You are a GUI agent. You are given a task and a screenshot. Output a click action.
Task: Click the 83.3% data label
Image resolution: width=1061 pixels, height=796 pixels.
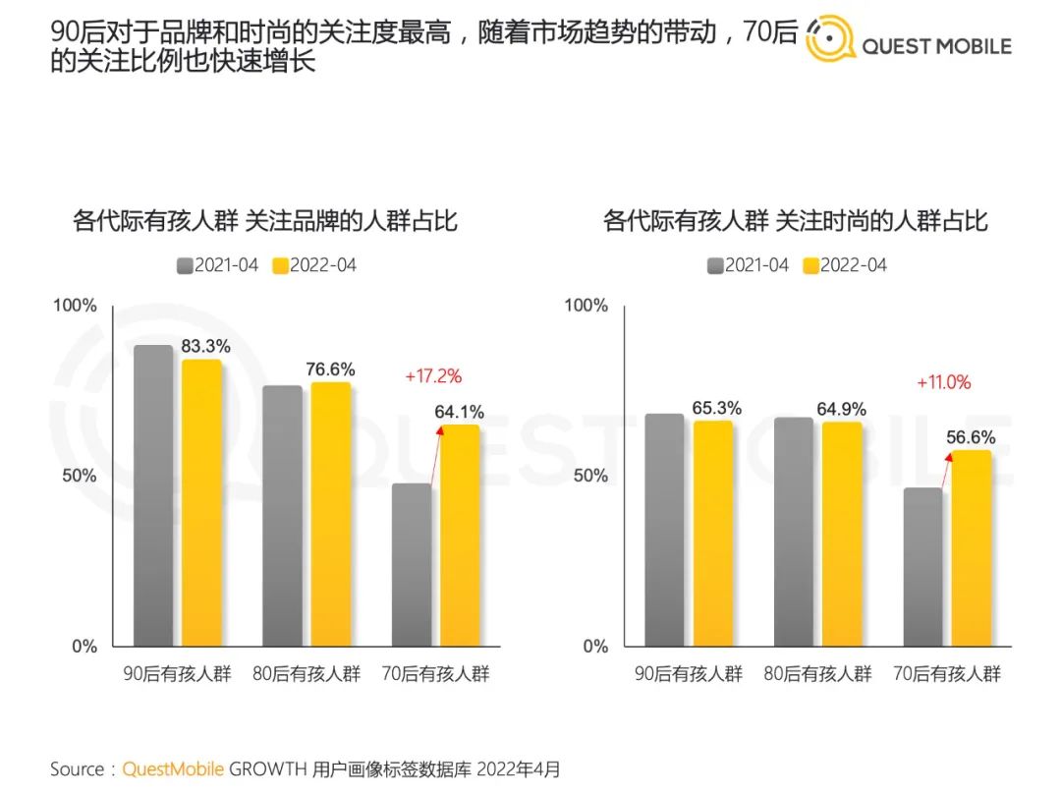(x=205, y=346)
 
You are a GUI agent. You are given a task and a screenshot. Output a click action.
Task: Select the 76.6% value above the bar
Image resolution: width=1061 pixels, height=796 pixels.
(x=330, y=370)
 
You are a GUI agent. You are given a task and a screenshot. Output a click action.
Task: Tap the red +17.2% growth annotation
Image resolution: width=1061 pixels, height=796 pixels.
(x=433, y=375)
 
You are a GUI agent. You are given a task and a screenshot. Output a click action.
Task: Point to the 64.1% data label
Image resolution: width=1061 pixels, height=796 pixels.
(x=460, y=413)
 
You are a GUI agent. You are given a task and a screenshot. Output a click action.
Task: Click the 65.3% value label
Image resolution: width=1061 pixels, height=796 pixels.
(x=716, y=408)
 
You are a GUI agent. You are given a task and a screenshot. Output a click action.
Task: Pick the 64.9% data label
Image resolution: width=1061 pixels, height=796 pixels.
(x=842, y=408)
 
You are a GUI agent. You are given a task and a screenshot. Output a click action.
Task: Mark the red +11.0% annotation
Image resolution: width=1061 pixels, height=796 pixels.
(x=943, y=382)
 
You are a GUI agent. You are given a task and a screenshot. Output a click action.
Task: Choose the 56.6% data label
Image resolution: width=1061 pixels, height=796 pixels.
(x=971, y=438)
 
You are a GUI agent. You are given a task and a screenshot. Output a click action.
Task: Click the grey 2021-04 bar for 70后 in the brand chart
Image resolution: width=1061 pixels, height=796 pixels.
(x=412, y=564)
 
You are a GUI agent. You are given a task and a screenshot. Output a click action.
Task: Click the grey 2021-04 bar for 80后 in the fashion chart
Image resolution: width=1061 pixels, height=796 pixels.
(x=794, y=532)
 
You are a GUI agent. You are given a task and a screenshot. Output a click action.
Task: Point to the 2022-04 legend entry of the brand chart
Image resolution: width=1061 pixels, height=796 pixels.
(x=314, y=265)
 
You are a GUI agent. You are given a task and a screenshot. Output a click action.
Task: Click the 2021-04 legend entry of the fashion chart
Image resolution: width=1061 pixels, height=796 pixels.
(x=748, y=265)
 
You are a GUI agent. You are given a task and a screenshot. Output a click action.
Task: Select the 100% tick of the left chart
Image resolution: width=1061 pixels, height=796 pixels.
(x=75, y=306)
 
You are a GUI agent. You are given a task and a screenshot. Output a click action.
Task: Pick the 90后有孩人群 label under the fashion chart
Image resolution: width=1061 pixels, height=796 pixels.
(x=688, y=674)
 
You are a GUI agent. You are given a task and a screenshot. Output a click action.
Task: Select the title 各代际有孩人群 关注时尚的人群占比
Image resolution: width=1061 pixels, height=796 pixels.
(x=795, y=221)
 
